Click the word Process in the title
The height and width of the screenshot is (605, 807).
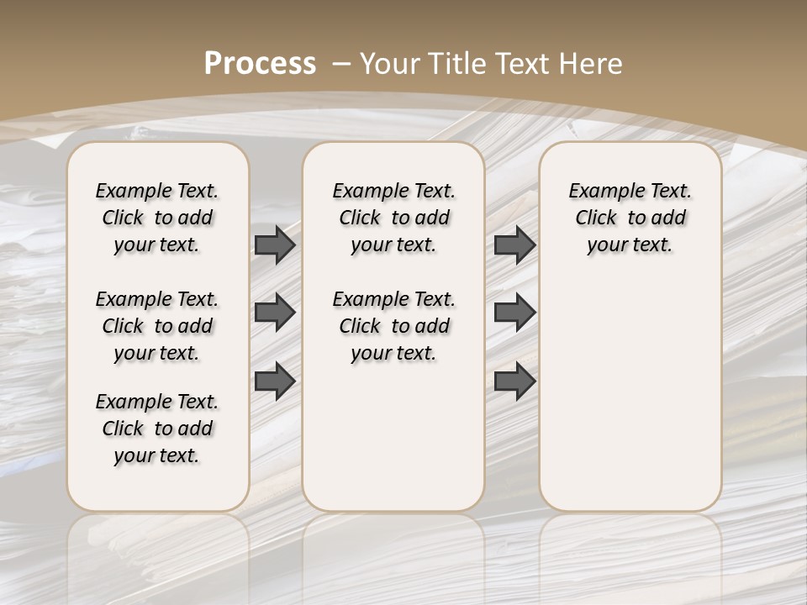click(x=260, y=63)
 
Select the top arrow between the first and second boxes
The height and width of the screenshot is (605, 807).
click(x=275, y=245)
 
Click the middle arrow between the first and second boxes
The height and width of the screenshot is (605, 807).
click(x=275, y=313)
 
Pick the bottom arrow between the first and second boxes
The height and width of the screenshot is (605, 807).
click(x=275, y=381)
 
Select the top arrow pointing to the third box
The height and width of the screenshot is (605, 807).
click(x=514, y=245)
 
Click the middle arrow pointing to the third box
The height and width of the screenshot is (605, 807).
click(x=514, y=313)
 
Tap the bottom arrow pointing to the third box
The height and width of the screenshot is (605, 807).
click(x=514, y=381)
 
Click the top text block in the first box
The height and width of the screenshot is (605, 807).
click(x=157, y=218)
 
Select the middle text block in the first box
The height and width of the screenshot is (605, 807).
click(x=157, y=326)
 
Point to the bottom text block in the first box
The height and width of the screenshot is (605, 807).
click(x=157, y=429)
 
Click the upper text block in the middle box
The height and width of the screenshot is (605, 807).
click(x=393, y=218)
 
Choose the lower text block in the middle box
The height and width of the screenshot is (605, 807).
click(x=393, y=326)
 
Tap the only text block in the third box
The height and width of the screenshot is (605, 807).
click(x=630, y=218)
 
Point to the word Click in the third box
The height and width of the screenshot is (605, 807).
click(x=596, y=218)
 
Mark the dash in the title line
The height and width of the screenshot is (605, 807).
click(x=342, y=63)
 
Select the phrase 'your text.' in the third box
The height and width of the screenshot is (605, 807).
click(x=630, y=245)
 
